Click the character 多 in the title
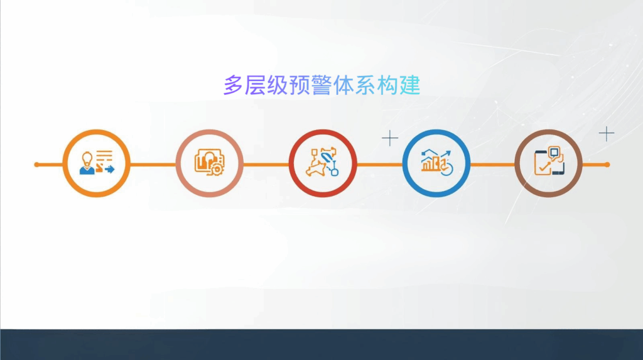pyautogui.click(x=233, y=85)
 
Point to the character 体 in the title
pyautogui.click(x=343, y=85)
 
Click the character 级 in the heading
pyautogui.click(x=277, y=85)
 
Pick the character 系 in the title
pyautogui.click(x=365, y=85)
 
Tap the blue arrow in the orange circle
pyautogui.click(x=110, y=169)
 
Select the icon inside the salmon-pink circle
pyautogui.click(x=209, y=163)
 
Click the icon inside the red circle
pyautogui.click(x=322, y=163)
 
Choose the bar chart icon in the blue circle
pyautogui.click(x=435, y=163)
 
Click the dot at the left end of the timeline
pyautogui.click(x=36, y=165)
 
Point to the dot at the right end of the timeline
pyautogui.click(x=607, y=165)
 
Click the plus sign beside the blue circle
pyautogui.click(x=390, y=138)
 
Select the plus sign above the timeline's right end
pyautogui.click(x=606, y=133)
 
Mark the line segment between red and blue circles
pyautogui.click(x=379, y=165)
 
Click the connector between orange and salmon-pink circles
pyautogui.click(x=153, y=165)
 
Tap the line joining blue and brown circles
pyautogui.click(x=492, y=165)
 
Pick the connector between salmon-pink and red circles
pyautogui.click(x=266, y=165)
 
